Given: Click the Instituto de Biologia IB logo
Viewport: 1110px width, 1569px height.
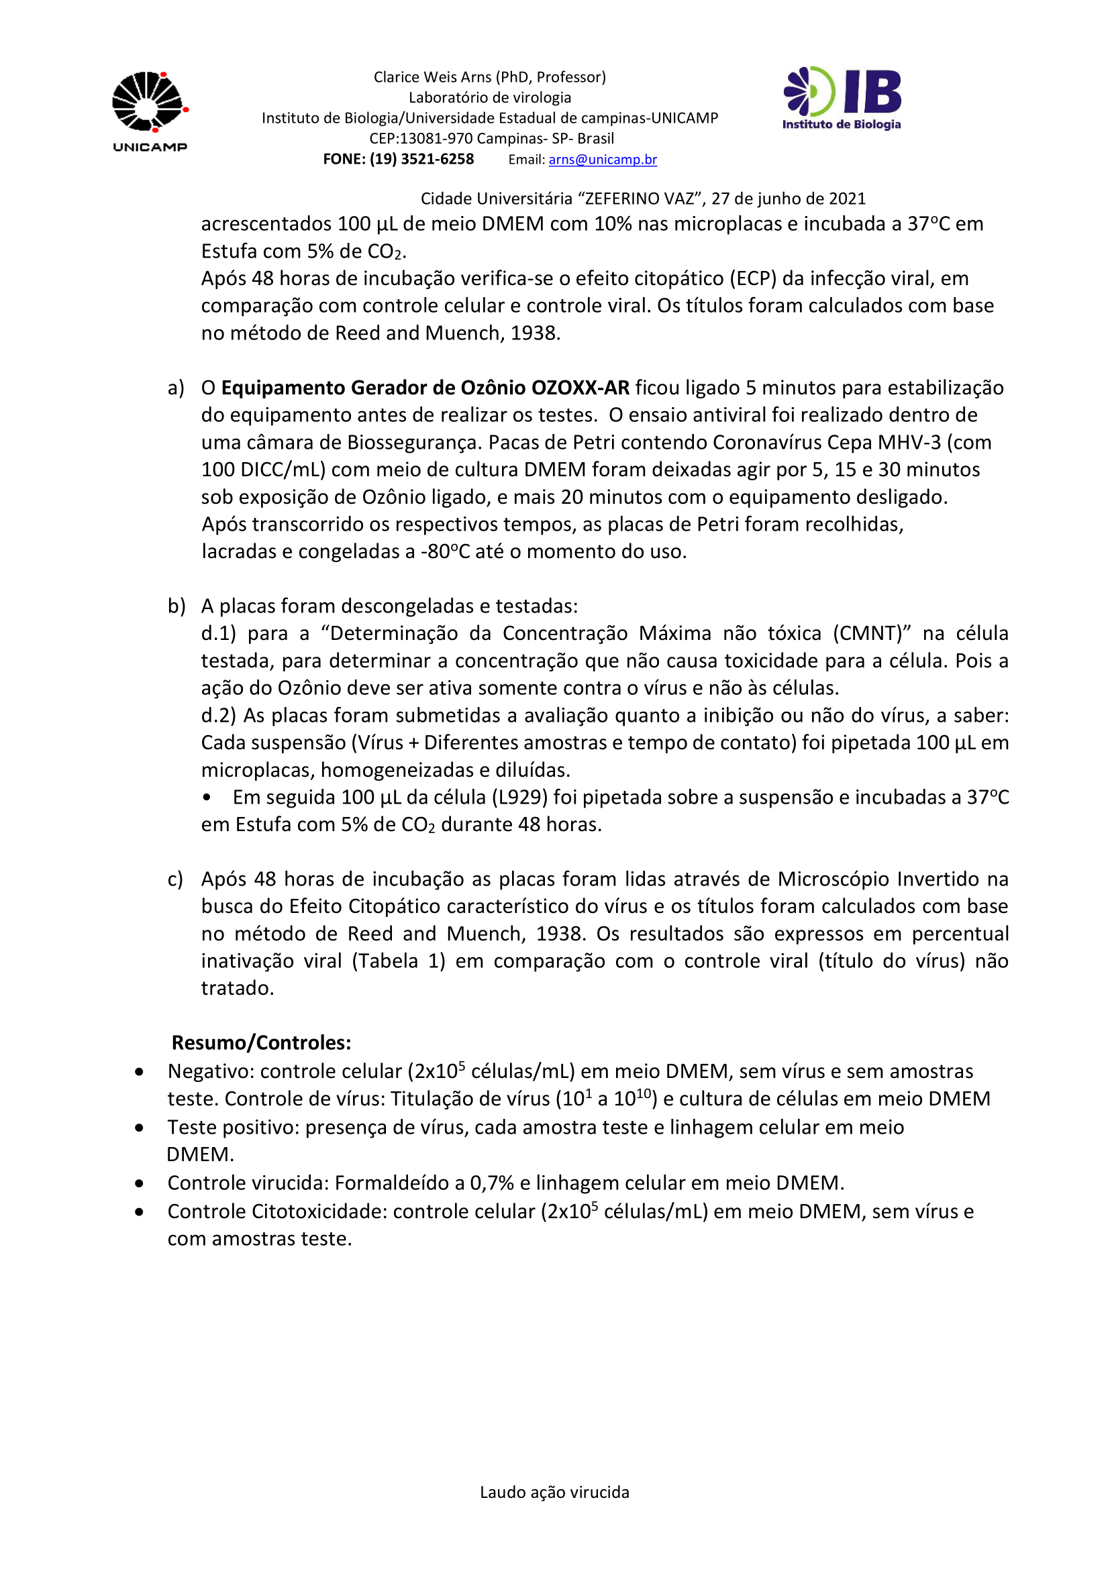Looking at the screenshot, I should click(x=842, y=99).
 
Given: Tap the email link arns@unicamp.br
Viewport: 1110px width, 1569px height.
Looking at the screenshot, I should click(x=602, y=159).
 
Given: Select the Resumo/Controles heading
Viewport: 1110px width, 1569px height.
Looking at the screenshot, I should click(x=261, y=1043).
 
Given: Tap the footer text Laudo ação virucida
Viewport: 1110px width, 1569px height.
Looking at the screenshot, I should click(x=554, y=1492).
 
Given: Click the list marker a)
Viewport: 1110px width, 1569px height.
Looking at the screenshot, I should click(x=176, y=388).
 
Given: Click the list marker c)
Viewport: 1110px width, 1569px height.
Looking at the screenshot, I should click(x=175, y=879).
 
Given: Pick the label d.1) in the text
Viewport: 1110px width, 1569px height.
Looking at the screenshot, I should click(x=218, y=633).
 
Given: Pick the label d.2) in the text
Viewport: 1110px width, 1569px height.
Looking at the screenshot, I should click(x=218, y=716).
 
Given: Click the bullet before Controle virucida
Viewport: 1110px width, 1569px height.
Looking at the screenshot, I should click(x=140, y=1183).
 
